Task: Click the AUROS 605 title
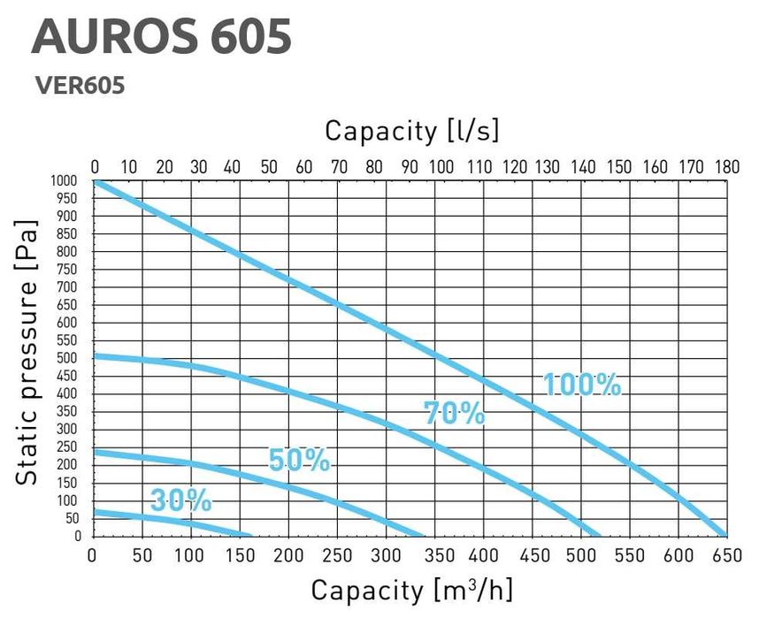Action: point(161,37)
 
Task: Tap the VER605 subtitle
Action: point(79,86)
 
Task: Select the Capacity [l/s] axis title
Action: point(412,131)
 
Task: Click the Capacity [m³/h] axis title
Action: point(412,590)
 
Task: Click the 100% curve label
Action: point(582,385)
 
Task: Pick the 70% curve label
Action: point(455,413)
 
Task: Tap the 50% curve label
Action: point(299,461)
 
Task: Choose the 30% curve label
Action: point(180,500)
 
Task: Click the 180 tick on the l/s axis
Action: point(726,167)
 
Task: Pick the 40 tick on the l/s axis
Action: point(234,167)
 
